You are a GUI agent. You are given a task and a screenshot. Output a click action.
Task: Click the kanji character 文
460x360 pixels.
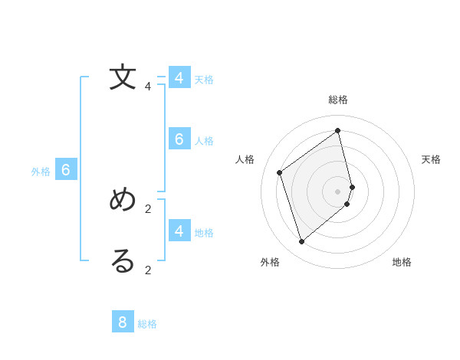tap(123, 77)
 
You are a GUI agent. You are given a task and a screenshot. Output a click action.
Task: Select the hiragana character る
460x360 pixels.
tap(123, 261)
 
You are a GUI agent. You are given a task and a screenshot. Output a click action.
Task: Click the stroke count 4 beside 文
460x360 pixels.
tap(148, 87)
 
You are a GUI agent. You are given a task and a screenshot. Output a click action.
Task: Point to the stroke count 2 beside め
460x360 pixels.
tap(148, 208)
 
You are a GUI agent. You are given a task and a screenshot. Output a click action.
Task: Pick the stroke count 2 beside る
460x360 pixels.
tap(148, 270)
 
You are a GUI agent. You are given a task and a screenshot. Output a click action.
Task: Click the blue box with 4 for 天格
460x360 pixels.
tap(179, 78)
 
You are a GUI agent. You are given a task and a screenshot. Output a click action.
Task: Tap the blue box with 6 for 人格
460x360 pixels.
tap(179, 139)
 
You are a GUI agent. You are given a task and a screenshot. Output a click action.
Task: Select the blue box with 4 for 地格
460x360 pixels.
tap(179, 231)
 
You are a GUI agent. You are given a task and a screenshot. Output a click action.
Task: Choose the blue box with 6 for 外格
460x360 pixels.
tap(66, 170)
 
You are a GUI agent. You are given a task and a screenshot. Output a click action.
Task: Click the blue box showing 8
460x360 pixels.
tap(123, 322)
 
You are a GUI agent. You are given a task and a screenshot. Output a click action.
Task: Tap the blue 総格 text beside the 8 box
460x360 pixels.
tap(147, 324)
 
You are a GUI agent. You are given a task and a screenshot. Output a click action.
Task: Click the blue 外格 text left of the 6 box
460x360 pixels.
tap(41, 172)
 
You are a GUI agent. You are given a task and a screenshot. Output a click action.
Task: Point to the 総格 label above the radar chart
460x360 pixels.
tap(338, 100)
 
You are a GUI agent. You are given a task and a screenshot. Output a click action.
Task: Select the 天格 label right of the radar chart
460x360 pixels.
tap(432, 159)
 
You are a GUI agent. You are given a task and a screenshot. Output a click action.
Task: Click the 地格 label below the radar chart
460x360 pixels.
tap(402, 262)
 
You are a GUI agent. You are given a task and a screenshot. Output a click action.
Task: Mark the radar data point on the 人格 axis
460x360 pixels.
tap(280, 172)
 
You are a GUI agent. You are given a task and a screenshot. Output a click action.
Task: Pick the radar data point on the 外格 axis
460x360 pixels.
tap(302, 242)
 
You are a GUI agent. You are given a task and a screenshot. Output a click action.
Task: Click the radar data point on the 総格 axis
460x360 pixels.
tap(338, 131)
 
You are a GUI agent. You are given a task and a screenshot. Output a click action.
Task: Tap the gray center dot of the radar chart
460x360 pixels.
tap(338, 191)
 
